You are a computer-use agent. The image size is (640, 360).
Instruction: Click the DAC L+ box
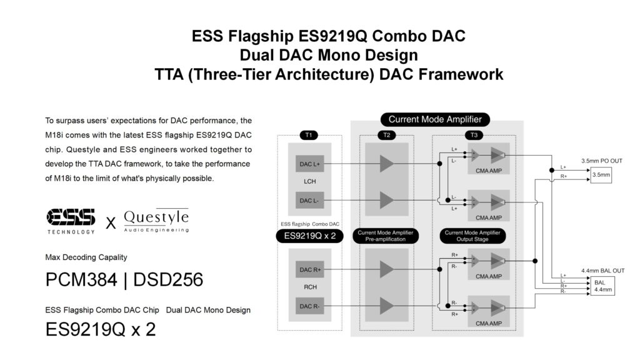coord(310,164)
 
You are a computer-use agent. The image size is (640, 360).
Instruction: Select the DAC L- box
coord(310,201)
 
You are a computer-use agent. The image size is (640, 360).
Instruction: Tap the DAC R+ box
coord(310,269)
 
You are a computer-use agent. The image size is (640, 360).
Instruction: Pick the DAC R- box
coord(310,306)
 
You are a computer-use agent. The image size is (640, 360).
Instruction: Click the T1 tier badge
coord(309,135)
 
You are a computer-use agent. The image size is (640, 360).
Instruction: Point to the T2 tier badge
coord(386,135)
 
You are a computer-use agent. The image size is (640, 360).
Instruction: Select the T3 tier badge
coord(474,135)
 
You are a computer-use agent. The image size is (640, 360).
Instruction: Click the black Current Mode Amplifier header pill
coord(435,119)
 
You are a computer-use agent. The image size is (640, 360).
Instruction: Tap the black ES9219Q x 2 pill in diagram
coord(310,236)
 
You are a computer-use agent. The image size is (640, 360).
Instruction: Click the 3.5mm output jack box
coord(601,175)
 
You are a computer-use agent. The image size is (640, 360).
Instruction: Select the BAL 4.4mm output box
coord(602,286)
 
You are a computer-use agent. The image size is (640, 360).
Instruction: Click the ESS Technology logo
coord(71,221)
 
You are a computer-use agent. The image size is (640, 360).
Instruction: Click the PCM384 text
coord(81,280)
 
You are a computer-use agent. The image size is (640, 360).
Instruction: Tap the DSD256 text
coord(168,280)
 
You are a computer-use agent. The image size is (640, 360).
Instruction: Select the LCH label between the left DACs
coord(310,182)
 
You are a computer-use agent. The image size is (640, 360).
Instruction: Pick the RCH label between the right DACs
coord(310,287)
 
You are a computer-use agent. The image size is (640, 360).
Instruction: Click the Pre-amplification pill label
coord(386,236)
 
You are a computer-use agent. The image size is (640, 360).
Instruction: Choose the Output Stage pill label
coord(472,236)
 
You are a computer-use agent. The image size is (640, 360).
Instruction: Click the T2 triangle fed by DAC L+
coord(386,164)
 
